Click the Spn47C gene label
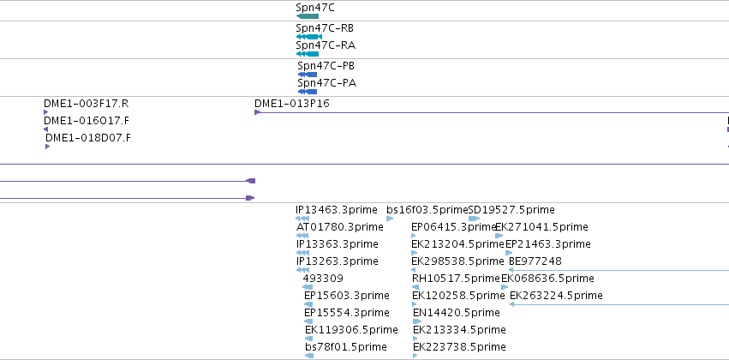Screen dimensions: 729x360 click(x=314, y=8)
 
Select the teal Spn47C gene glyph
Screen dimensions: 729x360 click(x=308, y=16)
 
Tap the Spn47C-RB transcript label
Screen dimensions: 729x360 click(x=325, y=28)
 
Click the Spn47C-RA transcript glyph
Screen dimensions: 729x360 click(x=308, y=54)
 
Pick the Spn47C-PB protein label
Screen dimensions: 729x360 click(x=326, y=66)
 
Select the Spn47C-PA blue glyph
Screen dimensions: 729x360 click(x=308, y=92)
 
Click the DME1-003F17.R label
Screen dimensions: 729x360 click(x=86, y=104)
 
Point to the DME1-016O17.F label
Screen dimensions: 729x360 click(x=87, y=121)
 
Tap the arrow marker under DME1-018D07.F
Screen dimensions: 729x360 click(x=47, y=147)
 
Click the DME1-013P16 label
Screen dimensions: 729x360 click(x=291, y=104)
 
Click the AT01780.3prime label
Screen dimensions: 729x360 click(x=340, y=227)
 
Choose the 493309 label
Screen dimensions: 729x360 click(x=323, y=279)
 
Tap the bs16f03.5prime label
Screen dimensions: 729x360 click(x=427, y=210)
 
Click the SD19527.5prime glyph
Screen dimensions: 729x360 click(x=475, y=219)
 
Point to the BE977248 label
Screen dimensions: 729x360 click(x=535, y=261)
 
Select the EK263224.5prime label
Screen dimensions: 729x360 click(x=556, y=296)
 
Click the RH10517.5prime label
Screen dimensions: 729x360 click(x=456, y=279)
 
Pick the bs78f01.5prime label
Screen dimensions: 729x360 click(x=346, y=347)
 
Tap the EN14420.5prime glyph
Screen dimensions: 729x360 click(x=417, y=321)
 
